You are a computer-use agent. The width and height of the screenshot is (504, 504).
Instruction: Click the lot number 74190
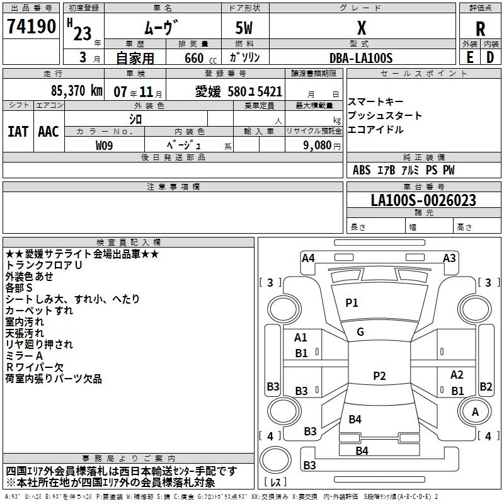coord(31,26)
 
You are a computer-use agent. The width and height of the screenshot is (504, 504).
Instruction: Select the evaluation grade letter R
coord(480,29)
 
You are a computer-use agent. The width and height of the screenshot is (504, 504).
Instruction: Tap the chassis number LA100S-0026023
coord(423,200)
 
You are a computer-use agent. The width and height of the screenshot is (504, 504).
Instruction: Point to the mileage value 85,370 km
coord(77,91)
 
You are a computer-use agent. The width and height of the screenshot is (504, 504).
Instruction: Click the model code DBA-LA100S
coord(361,58)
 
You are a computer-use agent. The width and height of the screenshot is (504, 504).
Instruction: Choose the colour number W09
coord(104,146)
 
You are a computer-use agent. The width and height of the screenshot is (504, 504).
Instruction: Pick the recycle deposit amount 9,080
coord(317,146)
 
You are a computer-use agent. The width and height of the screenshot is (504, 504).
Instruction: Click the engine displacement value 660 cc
coord(200,59)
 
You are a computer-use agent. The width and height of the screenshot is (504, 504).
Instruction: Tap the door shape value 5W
coord(244,28)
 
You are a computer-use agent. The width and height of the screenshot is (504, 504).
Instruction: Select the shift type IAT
coord(18,132)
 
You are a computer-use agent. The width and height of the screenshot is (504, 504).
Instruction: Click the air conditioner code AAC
coord(49,132)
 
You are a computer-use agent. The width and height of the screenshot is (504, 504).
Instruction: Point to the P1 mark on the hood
coord(352,302)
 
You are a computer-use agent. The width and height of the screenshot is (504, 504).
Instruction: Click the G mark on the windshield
coord(360,332)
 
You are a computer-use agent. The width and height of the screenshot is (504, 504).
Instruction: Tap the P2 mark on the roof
coord(379,375)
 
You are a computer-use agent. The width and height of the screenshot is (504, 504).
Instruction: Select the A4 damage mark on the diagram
coord(308,258)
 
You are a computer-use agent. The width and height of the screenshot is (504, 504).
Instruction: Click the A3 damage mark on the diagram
coord(449,258)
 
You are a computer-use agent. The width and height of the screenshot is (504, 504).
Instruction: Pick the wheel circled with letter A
coord(475,411)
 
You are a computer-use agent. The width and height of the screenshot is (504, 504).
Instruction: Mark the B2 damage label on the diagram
coord(486,386)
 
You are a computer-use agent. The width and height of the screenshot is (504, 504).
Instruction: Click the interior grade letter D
coord(490,57)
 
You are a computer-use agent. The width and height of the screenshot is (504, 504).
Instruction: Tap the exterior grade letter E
coord(469,57)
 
